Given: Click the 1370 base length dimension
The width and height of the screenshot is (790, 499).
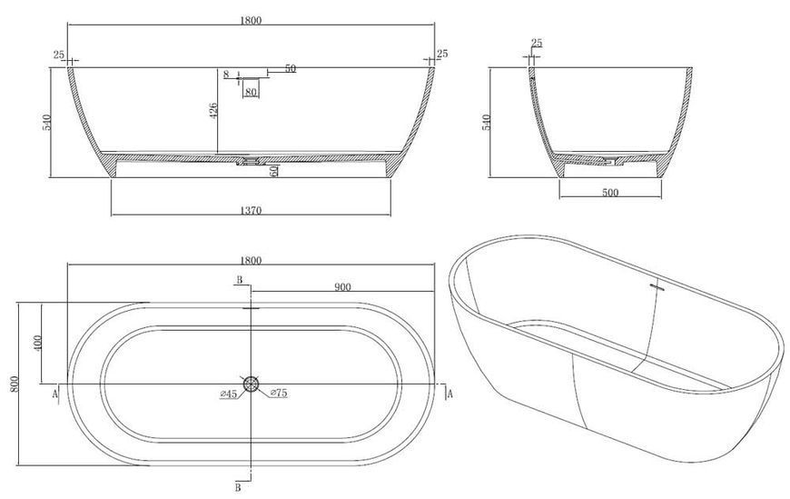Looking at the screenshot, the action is (x=251, y=210).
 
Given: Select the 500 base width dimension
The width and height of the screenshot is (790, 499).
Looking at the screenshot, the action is (x=610, y=192).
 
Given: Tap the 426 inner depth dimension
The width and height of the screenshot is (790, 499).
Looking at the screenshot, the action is (x=212, y=111).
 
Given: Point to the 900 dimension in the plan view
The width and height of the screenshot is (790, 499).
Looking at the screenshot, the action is (x=342, y=287).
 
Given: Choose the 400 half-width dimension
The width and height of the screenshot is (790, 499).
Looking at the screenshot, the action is (x=39, y=343).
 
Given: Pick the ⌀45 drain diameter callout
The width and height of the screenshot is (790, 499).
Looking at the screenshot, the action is (x=229, y=394).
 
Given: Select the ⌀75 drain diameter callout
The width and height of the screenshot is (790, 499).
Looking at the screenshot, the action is (x=279, y=393).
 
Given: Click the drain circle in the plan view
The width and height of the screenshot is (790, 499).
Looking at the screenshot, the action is (x=251, y=384).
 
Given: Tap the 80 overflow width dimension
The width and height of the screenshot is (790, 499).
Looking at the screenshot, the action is (x=251, y=92).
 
